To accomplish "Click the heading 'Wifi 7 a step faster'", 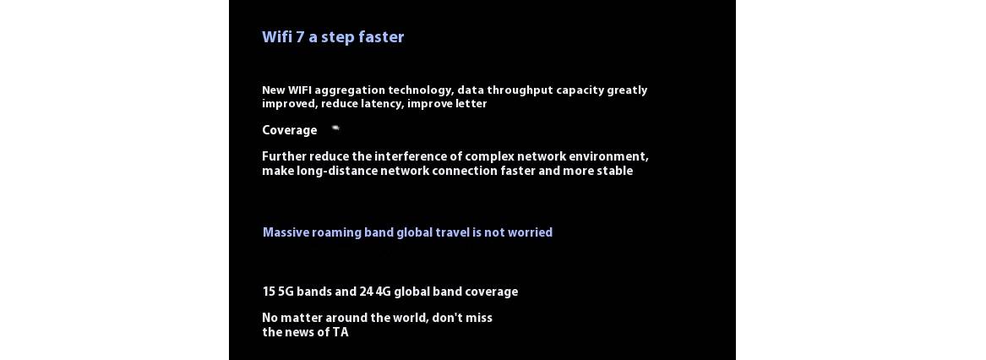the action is coord(333,37).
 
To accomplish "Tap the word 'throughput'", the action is coord(520,90).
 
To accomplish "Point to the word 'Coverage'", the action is coord(289,130).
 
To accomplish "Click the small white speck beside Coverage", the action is coord(335,128).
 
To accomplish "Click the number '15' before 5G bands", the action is coord(269,292).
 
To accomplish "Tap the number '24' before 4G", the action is coord(366,292).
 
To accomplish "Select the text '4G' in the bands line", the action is coord(383,292).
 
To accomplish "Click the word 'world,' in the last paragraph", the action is coord(411,318).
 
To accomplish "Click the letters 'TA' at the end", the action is coord(340,332).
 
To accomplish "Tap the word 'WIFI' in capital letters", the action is coord(299,90).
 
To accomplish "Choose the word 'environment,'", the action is coord(608,156).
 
